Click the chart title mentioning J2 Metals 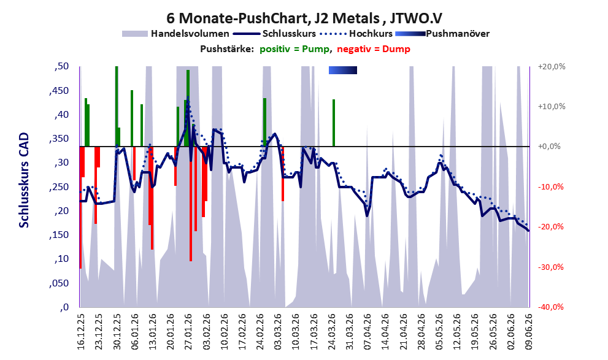coord(304,18)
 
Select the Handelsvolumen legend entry coord(175,34)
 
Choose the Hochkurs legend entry coord(356,34)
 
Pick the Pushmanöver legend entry coord(442,34)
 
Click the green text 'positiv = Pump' coord(295,49)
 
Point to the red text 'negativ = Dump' coord(374,49)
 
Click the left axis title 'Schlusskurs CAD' coord(24,180)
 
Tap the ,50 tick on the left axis coord(61,66)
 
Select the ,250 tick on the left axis coord(58,187)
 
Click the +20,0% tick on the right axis coord(552,67)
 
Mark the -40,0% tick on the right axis coord(550,307)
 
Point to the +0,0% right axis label coord(549,147)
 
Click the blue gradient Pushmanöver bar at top coord(343,70)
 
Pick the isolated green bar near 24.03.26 coord(334,123)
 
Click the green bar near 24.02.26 coord(264,122)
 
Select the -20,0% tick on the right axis coord(550,227)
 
